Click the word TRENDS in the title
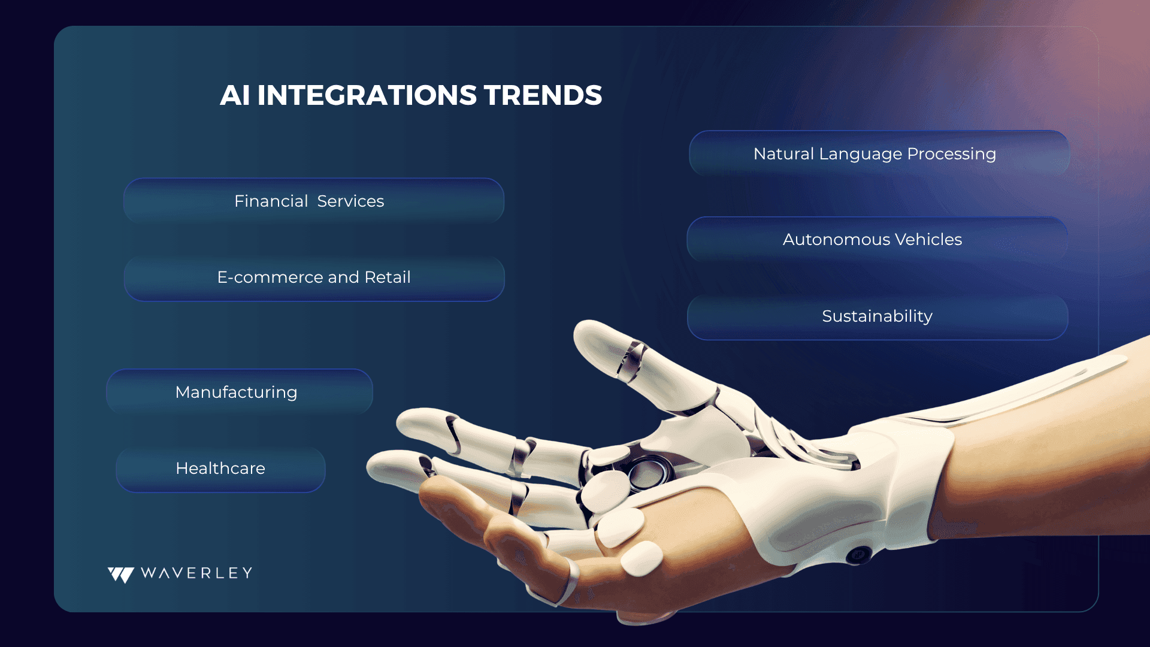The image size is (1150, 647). (x=543, y=95)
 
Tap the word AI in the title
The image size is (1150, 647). (x=235, y=95)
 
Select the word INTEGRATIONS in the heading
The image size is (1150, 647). (x=367, y=95)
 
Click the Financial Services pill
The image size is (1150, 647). (x=314, y=201)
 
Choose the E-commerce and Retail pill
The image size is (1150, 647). (x=314, y=277)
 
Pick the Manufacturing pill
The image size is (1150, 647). (x=240, y=392)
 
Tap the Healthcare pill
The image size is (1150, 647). (x=220, y=468)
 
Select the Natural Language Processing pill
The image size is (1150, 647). (x=879, y=153)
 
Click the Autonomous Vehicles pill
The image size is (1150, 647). (x=877, y=239)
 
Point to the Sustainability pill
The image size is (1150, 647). (x=877, y=316)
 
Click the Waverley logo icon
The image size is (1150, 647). (x=121, y=575)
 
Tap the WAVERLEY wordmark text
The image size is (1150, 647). (x=196, y=573)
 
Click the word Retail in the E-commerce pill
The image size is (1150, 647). (x=388, y=277)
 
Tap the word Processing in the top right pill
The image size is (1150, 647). (x=951, y=155)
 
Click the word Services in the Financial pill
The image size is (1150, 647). (x=350, y=201)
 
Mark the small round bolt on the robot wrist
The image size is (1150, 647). (x=858, y=555)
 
